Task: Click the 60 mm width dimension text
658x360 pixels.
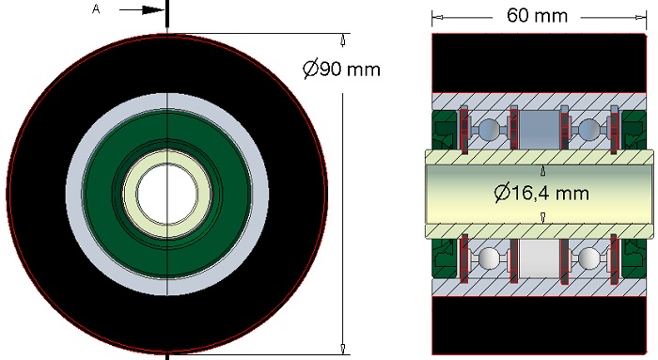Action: coord(537,16)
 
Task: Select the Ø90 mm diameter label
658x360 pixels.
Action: coord(341,69)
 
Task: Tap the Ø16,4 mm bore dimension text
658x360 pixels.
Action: coord(541,193)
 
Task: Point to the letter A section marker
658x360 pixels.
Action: coord(96,9)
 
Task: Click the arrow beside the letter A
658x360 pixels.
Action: coord(142,10)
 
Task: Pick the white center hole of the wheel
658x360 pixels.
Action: coord(167,194)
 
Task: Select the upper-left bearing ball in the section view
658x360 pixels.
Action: coord(489,129)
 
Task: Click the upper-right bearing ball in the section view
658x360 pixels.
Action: coord(588,129)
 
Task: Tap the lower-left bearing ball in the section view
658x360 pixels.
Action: coord(489,258)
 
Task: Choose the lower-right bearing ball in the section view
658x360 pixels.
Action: coord(588,258)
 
